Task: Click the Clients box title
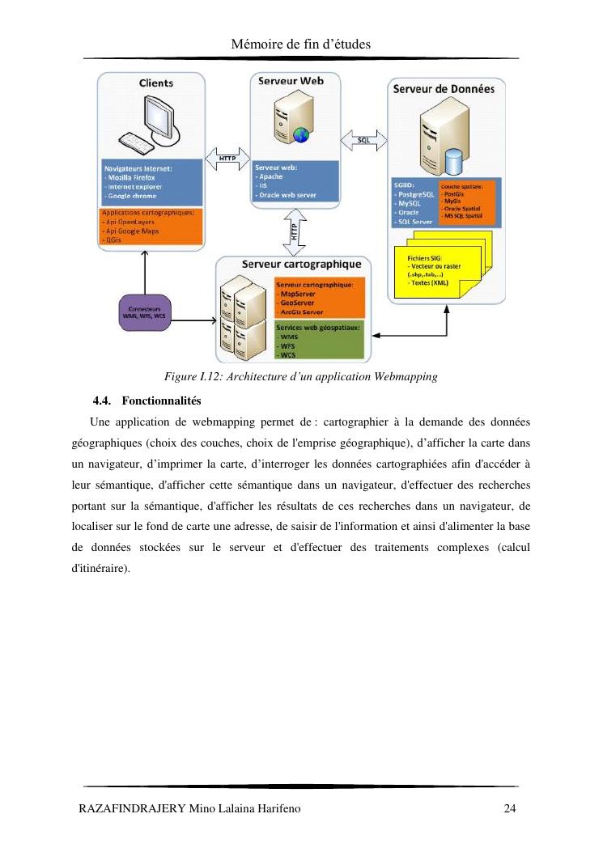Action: click(x=155, y=83)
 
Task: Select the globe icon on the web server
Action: click(x=301, y=134)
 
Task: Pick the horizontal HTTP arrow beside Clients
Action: click(x=226, y=158)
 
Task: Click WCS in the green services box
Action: click(x=287, y=354)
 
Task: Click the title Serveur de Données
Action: click(x=444, y=89)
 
